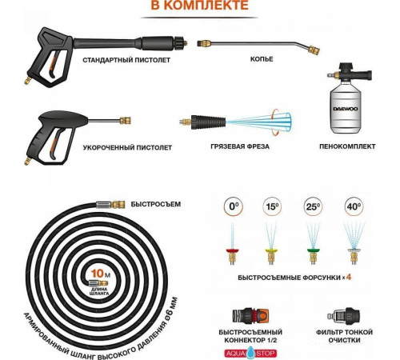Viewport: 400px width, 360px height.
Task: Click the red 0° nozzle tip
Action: (232, 251)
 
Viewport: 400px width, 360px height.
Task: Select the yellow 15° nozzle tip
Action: (271, 251)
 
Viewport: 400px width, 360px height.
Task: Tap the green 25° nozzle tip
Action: (314, 251)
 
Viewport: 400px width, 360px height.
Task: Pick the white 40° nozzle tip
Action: (354, 251)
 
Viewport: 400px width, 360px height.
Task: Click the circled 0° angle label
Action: (234, 206)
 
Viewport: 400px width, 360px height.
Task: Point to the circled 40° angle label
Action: (354, 206)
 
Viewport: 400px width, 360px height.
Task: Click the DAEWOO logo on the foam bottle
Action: (346, 109)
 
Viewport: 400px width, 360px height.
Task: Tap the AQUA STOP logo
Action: (250, 353)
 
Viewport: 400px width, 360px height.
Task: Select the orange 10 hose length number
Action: (98, 274)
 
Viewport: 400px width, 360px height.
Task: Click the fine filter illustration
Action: (344, 316)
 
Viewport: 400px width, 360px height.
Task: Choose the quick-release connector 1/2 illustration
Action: (250, 315)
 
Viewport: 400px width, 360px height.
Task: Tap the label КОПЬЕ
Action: (262, 59)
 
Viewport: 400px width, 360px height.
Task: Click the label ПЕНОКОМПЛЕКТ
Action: (347, 146)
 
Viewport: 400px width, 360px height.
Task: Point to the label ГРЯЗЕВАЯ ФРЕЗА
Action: (240, 146)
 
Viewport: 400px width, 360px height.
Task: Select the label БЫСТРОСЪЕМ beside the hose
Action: (156, 204)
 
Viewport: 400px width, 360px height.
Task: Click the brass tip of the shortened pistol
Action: (125, 121)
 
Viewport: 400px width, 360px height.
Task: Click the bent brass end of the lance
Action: (314, 50)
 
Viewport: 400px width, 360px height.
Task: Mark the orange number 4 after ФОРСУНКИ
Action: (349, 277)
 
